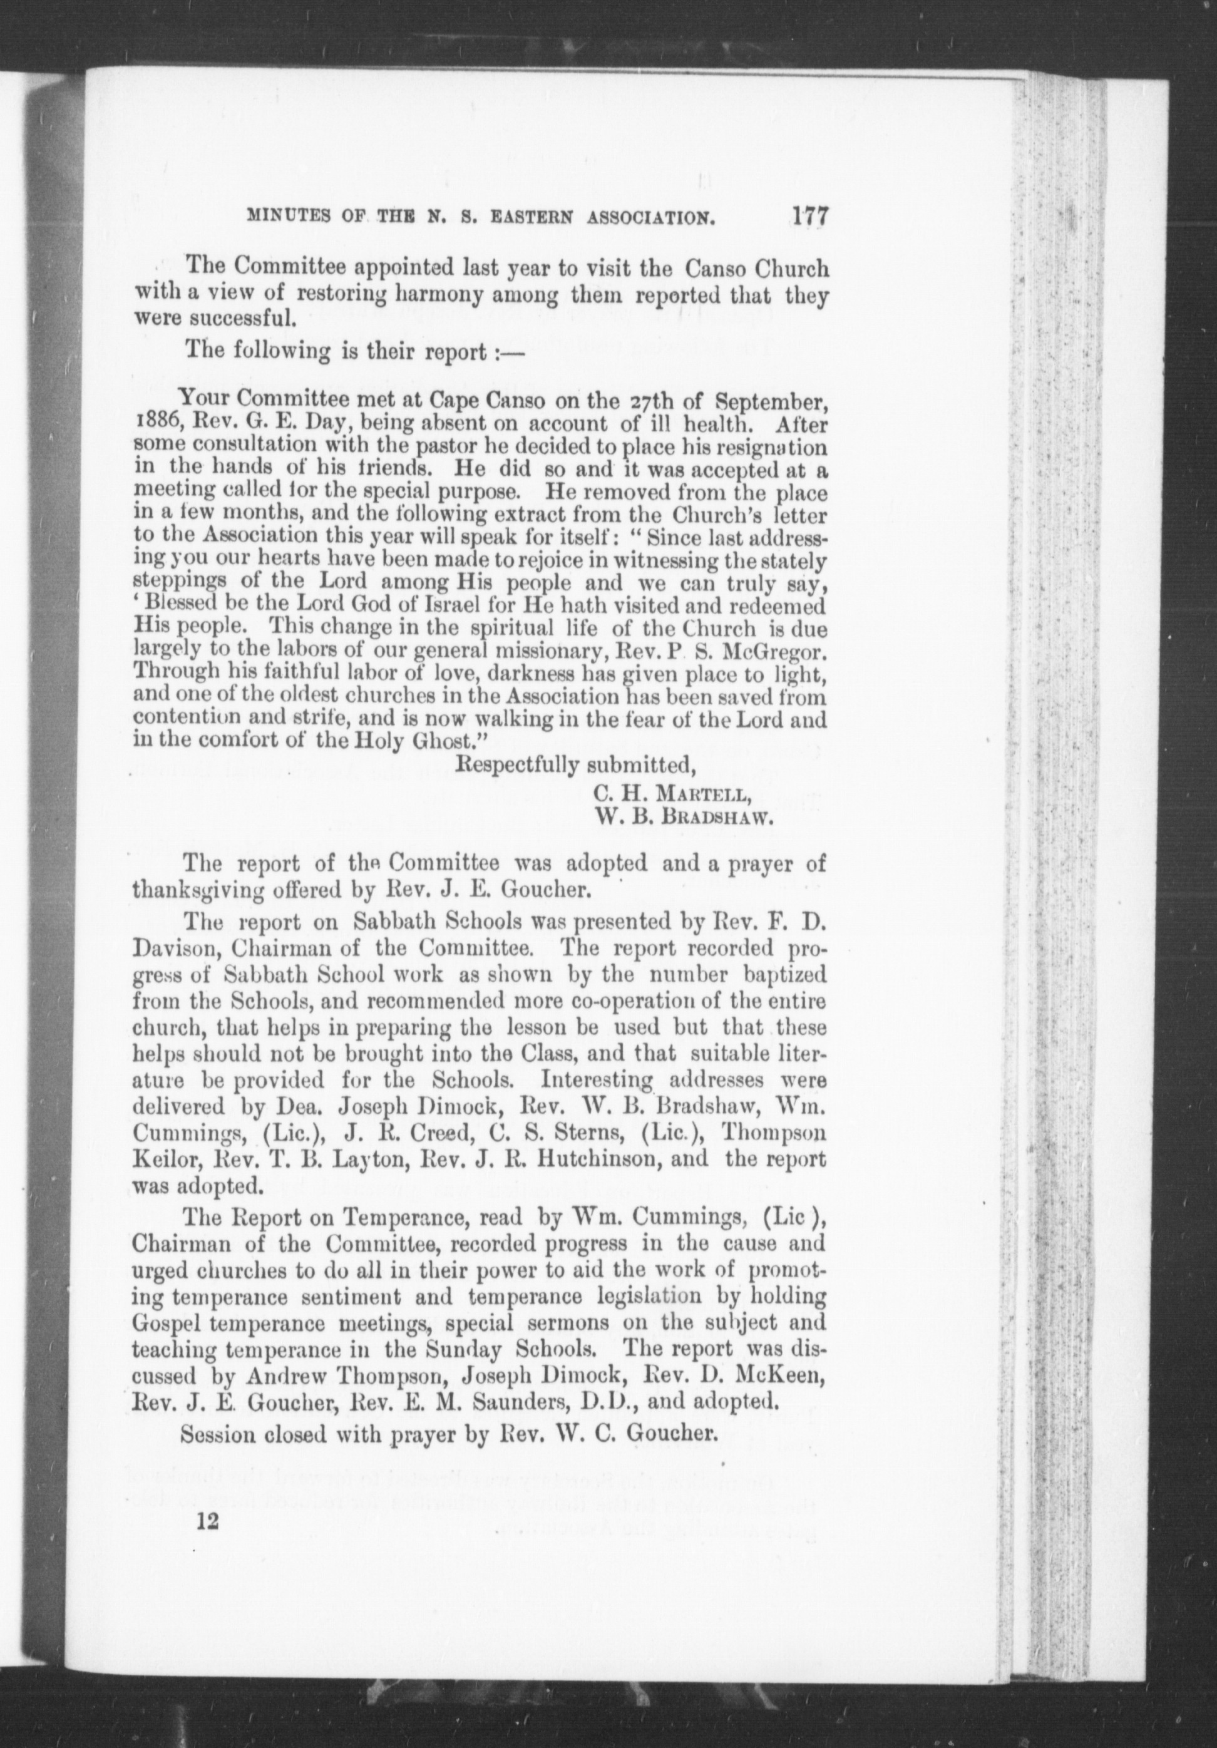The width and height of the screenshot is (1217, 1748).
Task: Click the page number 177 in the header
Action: coord(809,215)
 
